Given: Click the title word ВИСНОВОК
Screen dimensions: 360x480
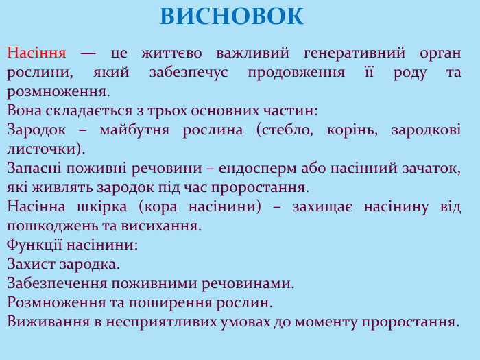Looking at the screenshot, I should click(x=232, y=16).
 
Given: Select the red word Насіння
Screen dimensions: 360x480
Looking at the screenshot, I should click(x=36, y=53).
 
